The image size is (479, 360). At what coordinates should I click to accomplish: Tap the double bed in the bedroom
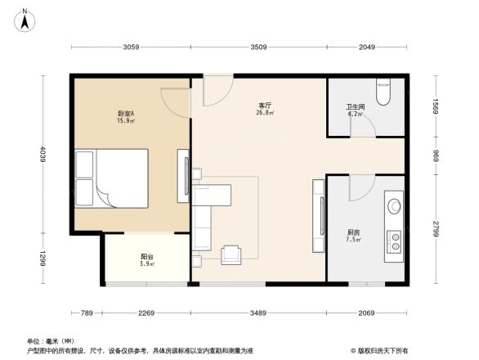tap(111, 179)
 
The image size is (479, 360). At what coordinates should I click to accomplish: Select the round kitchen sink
tap(394, 205)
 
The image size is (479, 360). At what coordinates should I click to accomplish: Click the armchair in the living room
tap(232, 254)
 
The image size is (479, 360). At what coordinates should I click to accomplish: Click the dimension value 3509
tap(259, 47)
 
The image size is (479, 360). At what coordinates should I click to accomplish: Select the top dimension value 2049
tap(366, 47)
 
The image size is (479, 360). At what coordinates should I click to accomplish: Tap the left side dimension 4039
tap(42, 155)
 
